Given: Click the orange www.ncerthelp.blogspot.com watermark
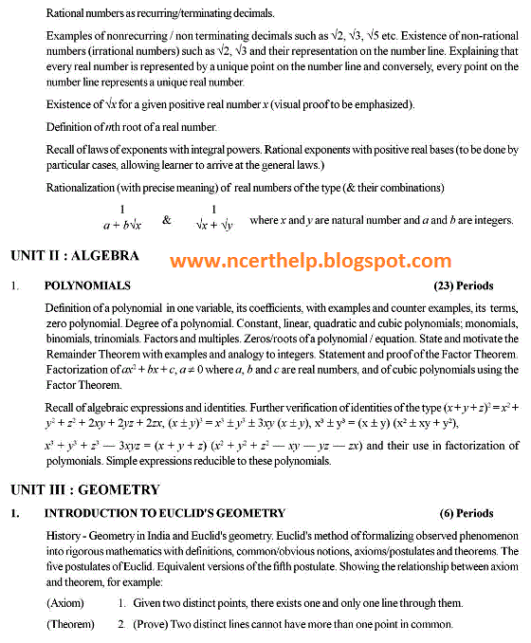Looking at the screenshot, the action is point(311,260).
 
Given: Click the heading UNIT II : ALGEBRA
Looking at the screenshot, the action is point(75,255).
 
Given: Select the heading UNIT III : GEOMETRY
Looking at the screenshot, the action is point(84,489).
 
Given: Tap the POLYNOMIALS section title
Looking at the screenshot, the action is point(87,285).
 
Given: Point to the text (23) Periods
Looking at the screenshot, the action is point(463,285).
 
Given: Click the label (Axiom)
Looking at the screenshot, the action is point(65,602).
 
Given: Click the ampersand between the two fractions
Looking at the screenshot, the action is point(167,220).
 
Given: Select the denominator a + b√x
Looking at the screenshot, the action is point(121,227).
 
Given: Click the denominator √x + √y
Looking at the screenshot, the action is point(213,227).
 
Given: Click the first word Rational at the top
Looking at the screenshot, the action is point(67,13).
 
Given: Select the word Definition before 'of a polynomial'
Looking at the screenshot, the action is point(72,308).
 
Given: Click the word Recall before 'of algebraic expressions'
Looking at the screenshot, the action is point(63,407).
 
